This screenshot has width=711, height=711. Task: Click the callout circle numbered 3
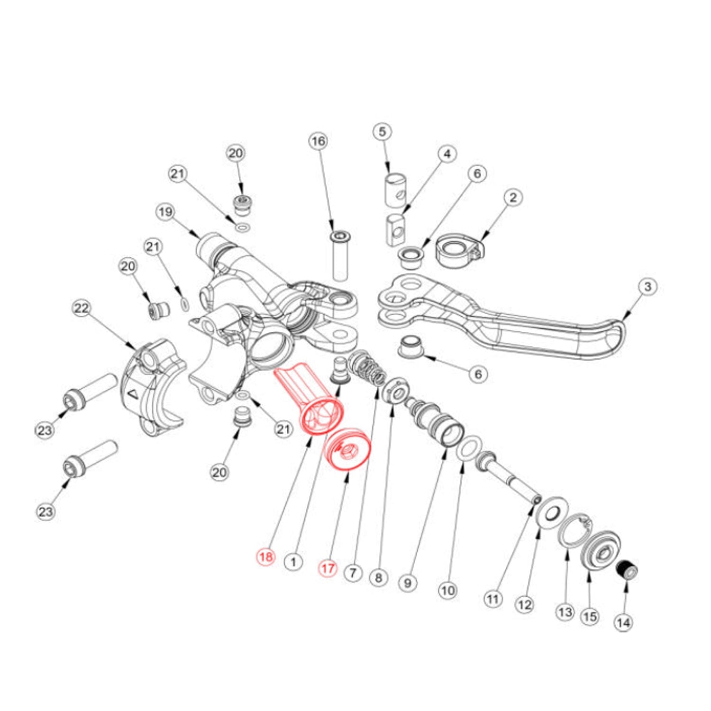pos(647,287)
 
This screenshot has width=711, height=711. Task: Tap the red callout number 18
pos(266,556)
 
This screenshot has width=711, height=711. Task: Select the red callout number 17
pos(328,568)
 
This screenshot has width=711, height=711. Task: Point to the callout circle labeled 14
pos(623,622)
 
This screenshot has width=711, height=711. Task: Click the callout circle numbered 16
pos(319,141)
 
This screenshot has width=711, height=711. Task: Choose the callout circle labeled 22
pos(82,309)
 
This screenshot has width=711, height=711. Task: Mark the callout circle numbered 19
pos(165,212)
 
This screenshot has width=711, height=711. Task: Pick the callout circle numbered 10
pos(448,591)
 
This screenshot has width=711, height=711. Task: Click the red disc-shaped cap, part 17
pos(347,450)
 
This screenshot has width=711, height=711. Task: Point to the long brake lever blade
pos(521,327)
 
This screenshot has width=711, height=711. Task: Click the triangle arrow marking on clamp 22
pos(133,393)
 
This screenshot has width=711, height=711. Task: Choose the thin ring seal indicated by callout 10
pos(469,448)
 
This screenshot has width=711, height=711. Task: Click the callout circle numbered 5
pos(383,132)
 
